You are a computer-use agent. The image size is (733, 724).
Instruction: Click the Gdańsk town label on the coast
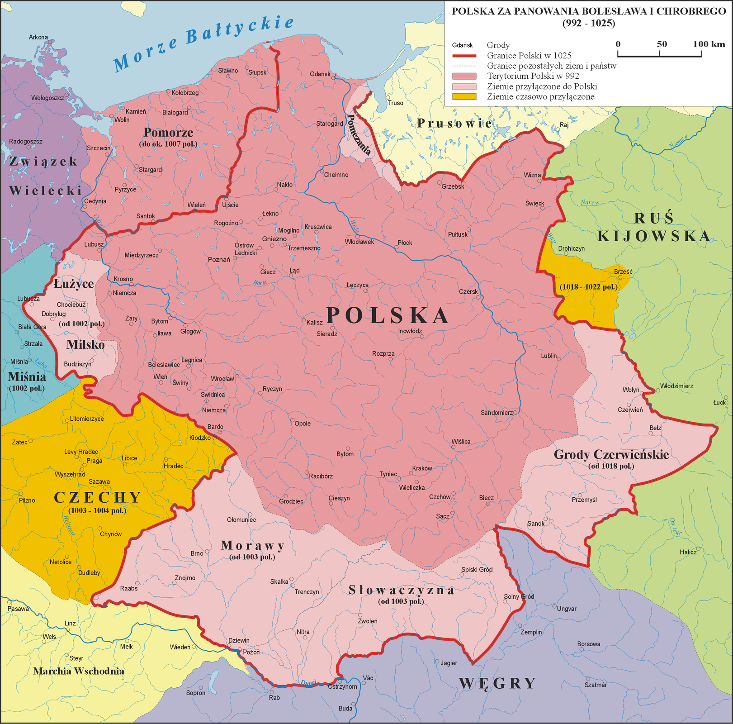coord(320,74)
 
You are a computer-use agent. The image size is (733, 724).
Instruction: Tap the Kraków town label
coord(422,468)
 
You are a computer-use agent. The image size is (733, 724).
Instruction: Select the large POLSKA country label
coord(388,315)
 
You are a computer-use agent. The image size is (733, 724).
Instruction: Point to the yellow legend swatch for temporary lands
coord(464,97)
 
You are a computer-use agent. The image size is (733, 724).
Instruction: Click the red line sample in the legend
coord(464,56)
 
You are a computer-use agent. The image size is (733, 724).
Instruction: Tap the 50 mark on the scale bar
coord(662,44)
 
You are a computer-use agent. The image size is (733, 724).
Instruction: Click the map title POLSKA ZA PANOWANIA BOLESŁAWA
coord(588,11)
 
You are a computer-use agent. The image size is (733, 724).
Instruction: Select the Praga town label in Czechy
coord(94,461)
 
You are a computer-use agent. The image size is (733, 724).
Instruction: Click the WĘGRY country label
coord(497,683)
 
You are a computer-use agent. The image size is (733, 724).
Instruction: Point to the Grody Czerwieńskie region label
coord(611,454)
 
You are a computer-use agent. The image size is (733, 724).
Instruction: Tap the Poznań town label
coord(219,260)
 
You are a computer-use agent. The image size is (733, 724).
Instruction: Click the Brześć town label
coord(623,271)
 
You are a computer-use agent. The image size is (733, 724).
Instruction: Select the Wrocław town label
coord(222,379)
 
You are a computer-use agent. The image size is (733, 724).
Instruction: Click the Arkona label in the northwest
coord(38,37)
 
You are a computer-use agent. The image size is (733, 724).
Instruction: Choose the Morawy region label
coord(253,545)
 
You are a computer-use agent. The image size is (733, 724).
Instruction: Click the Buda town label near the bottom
coord(345,708)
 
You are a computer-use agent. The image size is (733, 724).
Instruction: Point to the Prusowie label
coord(454,123)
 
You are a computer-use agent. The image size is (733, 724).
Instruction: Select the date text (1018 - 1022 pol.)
coord(588,287)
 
